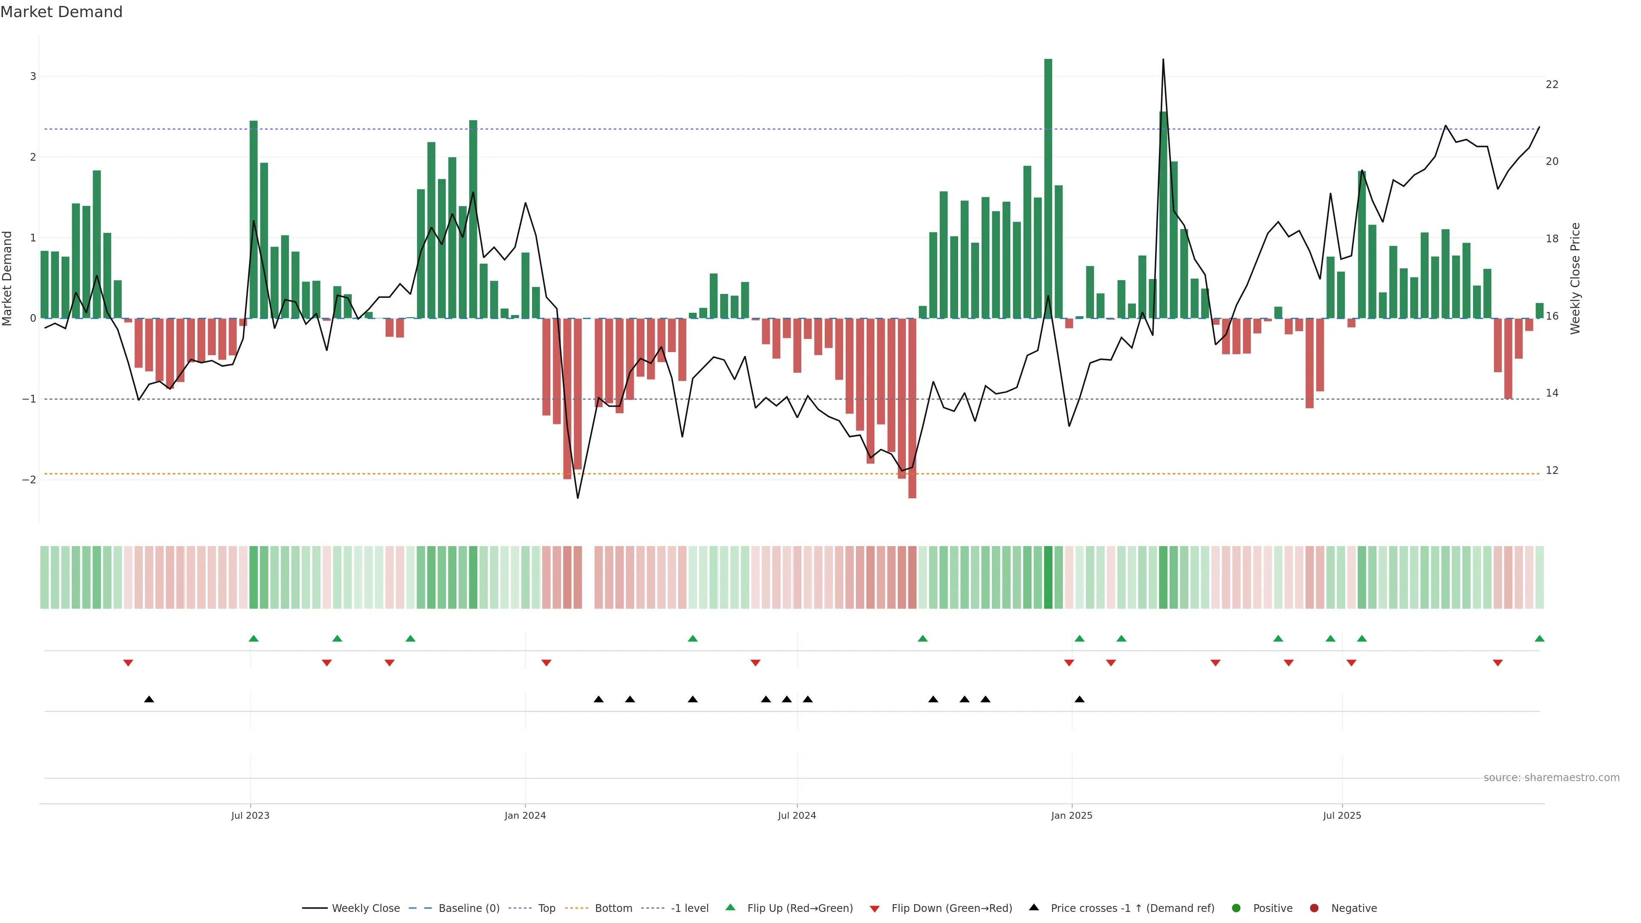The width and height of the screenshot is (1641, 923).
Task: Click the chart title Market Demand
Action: pos(61,12)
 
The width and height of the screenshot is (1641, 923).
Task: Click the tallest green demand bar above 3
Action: pos(1048,188)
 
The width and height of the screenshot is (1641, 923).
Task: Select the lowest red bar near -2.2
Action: pos(912,408)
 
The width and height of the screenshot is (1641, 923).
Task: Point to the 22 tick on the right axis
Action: pos(1552,85)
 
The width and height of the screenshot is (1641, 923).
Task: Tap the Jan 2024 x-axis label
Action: pos(525,815)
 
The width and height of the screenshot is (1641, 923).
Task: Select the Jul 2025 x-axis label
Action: pos(1341,815)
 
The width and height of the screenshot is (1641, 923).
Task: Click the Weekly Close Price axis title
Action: pos(1575,278)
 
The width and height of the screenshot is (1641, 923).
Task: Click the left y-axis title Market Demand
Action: pos(7,278)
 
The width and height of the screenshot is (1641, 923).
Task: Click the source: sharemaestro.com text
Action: pos(1551,778)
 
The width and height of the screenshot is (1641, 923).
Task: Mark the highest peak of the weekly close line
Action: pos(1163,60)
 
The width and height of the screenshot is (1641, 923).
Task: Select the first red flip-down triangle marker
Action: pos(128,663)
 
